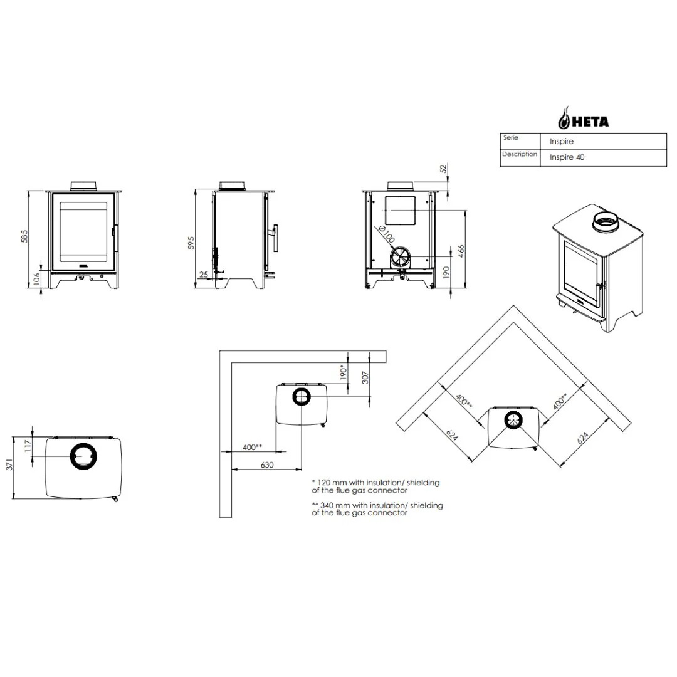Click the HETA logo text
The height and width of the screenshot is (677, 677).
590,122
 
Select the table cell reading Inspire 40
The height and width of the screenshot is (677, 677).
567,158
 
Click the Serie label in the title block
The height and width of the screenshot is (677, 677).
510,138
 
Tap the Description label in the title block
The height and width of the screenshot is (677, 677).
519,154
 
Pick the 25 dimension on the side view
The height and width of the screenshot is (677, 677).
203,274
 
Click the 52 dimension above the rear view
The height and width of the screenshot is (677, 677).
444,169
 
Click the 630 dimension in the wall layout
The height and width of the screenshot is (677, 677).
267,464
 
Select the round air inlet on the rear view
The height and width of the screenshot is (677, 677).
400,256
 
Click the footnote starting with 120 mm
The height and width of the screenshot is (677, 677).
375,486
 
